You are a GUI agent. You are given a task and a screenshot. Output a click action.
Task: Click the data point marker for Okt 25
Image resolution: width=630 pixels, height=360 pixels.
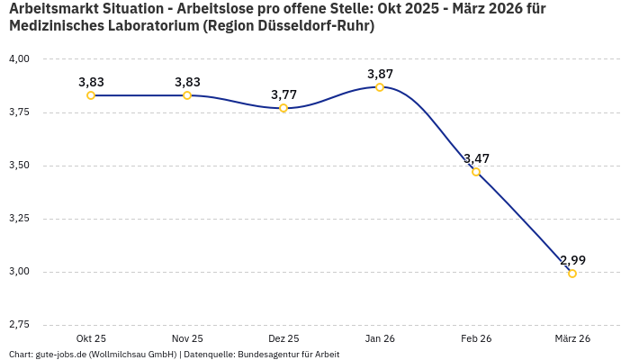click(x=91, y=95)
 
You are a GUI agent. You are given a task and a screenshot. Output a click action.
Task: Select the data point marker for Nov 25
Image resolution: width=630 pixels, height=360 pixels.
click(x=187, y=95)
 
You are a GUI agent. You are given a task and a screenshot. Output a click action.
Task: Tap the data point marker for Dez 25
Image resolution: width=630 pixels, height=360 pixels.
click(x=283, y=108)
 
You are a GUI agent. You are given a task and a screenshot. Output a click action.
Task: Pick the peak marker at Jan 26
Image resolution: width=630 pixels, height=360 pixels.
click(x=380, y=87)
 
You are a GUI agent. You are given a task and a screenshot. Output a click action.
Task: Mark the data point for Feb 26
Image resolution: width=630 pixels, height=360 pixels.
click(x=476, y=172)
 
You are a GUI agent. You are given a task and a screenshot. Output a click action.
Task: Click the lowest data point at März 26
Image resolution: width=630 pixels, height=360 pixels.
click(x=572, y=274)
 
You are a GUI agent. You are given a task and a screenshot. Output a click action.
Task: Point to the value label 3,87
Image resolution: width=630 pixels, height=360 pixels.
click(x=380, y=74)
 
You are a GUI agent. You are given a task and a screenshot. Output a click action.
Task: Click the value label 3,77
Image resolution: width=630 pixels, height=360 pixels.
click(x=283, y=94)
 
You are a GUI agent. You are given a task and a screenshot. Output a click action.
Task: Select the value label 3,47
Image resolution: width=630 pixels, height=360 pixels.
click(x=476, y=158)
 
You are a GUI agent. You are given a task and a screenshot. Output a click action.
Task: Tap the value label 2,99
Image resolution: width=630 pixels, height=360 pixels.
click(x=572, y=260)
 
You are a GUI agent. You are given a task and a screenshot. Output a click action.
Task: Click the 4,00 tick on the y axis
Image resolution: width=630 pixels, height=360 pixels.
click(x=19, y=59)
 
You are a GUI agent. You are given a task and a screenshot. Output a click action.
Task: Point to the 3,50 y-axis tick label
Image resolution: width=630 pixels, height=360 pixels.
click(x=19, y=166)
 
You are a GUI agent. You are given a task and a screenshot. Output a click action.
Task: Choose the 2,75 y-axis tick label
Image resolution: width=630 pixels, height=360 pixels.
click(x=19, y=325)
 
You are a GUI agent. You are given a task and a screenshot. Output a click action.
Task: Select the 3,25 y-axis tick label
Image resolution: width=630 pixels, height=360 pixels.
click(x=19, y=219)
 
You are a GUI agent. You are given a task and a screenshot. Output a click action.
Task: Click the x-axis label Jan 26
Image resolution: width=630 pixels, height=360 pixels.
click(x=380, y=338)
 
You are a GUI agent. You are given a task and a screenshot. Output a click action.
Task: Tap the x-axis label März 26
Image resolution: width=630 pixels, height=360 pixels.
click(x=572, y=338)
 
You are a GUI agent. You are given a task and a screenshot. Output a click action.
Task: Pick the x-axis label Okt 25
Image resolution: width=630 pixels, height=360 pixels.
click(x=91, y=338)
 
